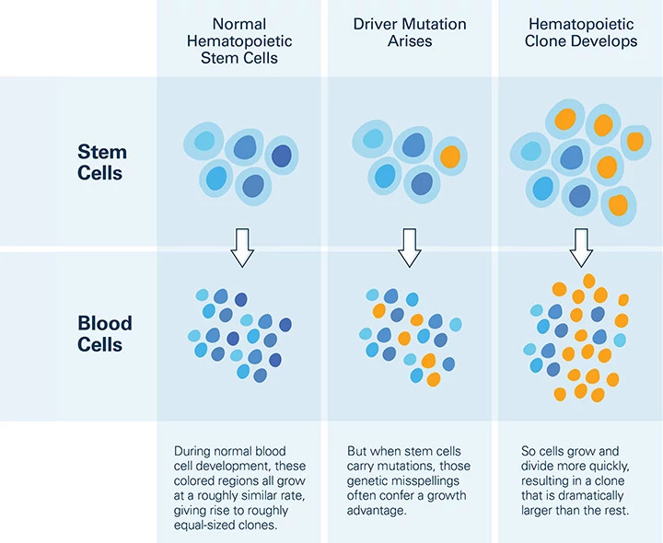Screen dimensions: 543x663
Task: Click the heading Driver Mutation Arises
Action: (x=410, y=32)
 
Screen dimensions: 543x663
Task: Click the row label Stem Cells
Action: (x=101, y=162)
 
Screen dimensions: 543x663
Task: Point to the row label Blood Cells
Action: (x=104, y=334)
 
